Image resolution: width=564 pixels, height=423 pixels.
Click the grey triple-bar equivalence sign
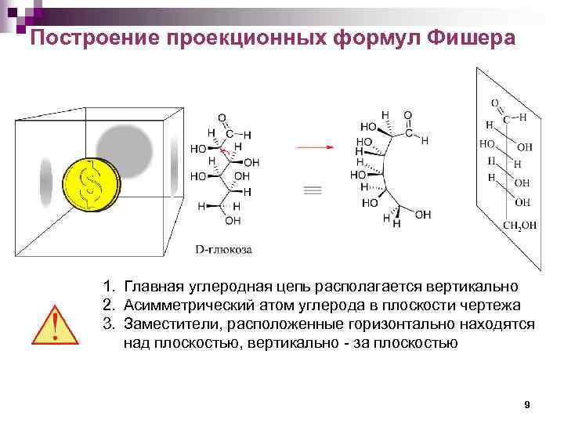(311, 190)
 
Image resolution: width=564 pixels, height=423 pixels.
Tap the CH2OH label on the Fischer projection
(519, 226)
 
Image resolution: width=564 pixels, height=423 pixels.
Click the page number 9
(526, 404)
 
